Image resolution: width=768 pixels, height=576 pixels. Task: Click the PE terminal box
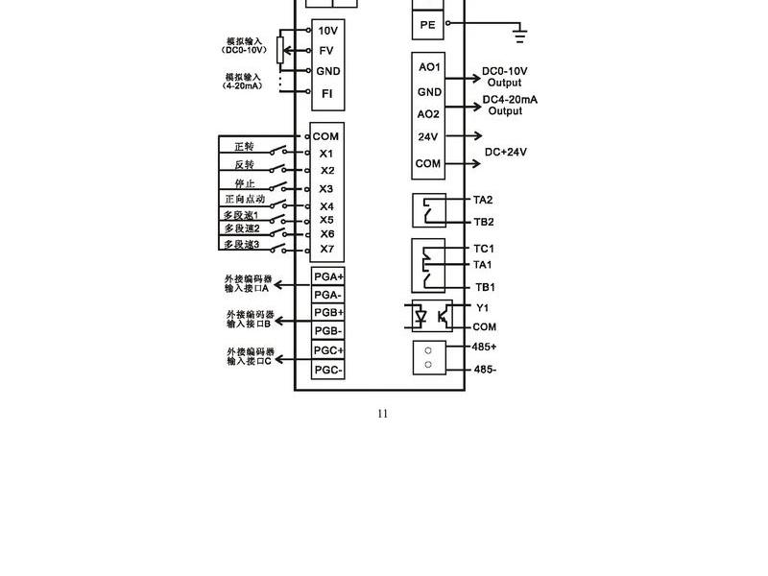click(427, 25)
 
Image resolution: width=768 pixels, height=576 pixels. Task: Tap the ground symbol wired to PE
click(519, 36)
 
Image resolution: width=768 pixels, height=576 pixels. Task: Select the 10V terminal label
click(327, 31)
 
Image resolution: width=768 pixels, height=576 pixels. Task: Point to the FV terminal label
click(326, 51)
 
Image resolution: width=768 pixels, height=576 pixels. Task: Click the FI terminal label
click(326, 93)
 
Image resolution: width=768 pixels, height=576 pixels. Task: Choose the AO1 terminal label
click(429, 67)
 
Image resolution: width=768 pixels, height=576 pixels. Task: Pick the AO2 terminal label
click(428, 114)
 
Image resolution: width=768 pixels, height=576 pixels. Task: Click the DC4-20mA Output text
click(510, 106)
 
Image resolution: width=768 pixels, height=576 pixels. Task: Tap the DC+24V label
click(506, 152)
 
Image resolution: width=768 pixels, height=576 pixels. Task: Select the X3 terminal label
click(326, 188)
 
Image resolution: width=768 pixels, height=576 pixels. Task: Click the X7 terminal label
click(327, 249)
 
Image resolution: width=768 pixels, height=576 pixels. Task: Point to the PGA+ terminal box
click(328, 276)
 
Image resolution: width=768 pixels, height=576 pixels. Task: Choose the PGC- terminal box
click(328, 370)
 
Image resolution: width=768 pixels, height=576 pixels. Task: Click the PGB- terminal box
click(328, 330)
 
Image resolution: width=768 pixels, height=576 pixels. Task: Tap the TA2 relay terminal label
click(483, 200)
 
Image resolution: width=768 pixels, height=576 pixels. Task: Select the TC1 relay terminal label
click(484, 249)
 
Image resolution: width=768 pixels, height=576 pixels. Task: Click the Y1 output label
click(483, 307)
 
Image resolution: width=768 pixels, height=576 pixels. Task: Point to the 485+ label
click(484, 347)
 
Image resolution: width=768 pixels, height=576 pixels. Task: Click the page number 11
click(382, 414)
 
